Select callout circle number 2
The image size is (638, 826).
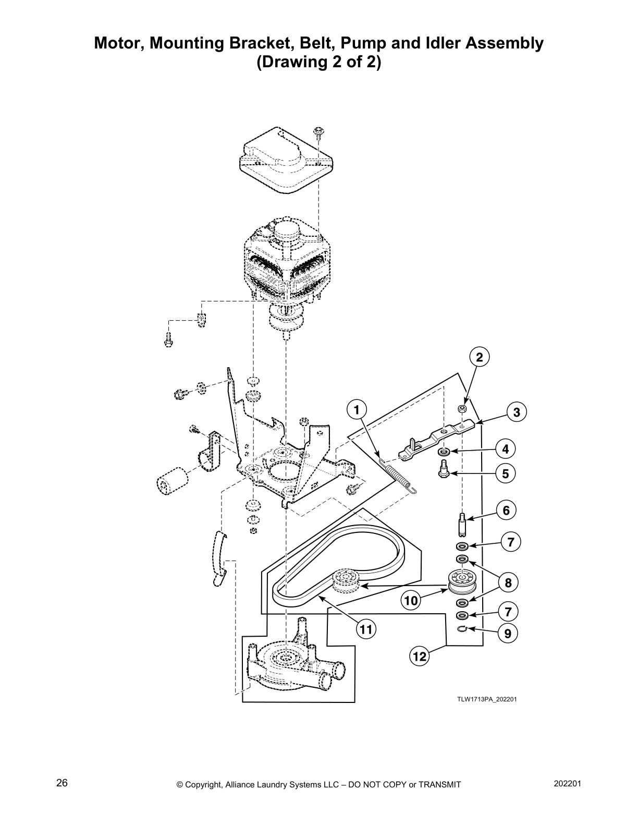(480, 357)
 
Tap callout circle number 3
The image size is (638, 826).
(517, 412)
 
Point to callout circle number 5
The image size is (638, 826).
(505, 474)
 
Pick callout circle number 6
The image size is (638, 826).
(506, 510)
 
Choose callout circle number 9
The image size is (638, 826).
(507, 634)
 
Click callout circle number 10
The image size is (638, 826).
(411, 601)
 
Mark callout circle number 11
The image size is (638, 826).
(366, 629)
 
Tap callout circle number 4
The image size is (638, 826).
(505, 449)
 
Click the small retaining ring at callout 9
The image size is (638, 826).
(461, 630)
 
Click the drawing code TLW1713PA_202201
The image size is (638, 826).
(487, 699)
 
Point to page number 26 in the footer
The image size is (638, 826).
(62, 783)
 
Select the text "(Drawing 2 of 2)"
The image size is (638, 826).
(318, 63)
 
